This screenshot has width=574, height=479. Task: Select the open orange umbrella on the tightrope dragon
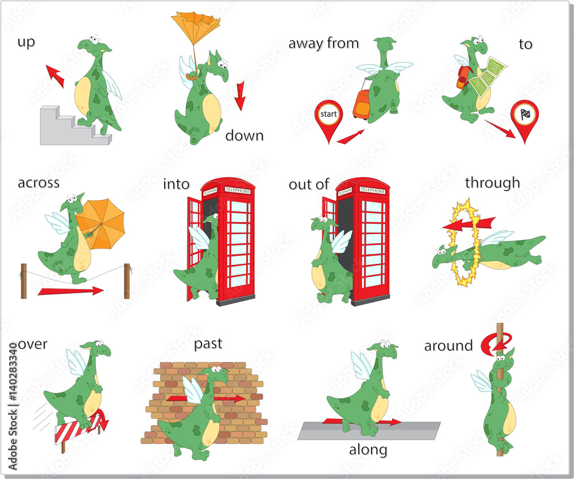pos(101,221)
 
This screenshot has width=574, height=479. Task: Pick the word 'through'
pos(492,183)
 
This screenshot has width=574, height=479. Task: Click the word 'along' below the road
pos(368,450)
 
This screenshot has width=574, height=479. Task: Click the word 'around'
pos(448,346)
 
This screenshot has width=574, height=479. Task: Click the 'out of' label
pos(309,184)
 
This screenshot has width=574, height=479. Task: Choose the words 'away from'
pos(323,43)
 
